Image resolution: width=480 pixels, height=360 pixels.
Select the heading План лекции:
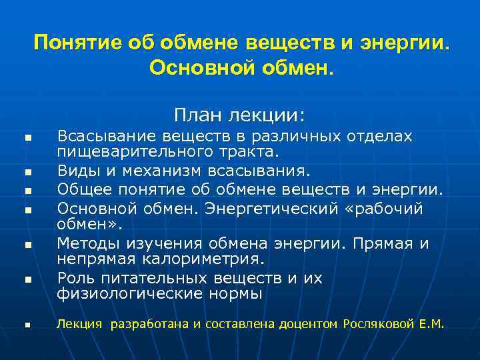[240, 115]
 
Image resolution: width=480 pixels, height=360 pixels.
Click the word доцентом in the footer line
[309, 325]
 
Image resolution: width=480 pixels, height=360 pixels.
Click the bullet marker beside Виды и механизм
[29, 172]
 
